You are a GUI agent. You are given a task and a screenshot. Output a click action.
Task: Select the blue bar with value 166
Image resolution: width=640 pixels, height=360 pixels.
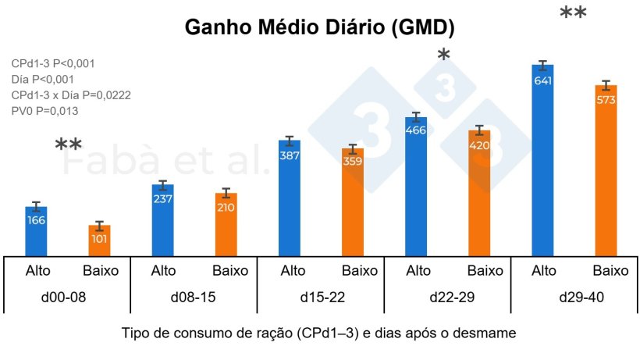(x=37, y=230)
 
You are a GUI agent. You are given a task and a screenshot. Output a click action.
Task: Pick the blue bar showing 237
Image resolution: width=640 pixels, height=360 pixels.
(x=163, y=219)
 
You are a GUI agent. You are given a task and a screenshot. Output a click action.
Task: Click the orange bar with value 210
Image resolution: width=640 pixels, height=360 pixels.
(x=226, y=223)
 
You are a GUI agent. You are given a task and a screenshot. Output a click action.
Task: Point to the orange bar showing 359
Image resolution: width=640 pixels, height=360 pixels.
(x=353, y=201)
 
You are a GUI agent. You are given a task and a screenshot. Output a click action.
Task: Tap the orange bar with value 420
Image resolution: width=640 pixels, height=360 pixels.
(x=479, y=191)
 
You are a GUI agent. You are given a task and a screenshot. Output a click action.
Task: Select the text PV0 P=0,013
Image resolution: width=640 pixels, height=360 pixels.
(x=45, y=111)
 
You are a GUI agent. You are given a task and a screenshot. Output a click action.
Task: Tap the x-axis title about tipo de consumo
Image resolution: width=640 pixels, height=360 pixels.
(x=318, y=333)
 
